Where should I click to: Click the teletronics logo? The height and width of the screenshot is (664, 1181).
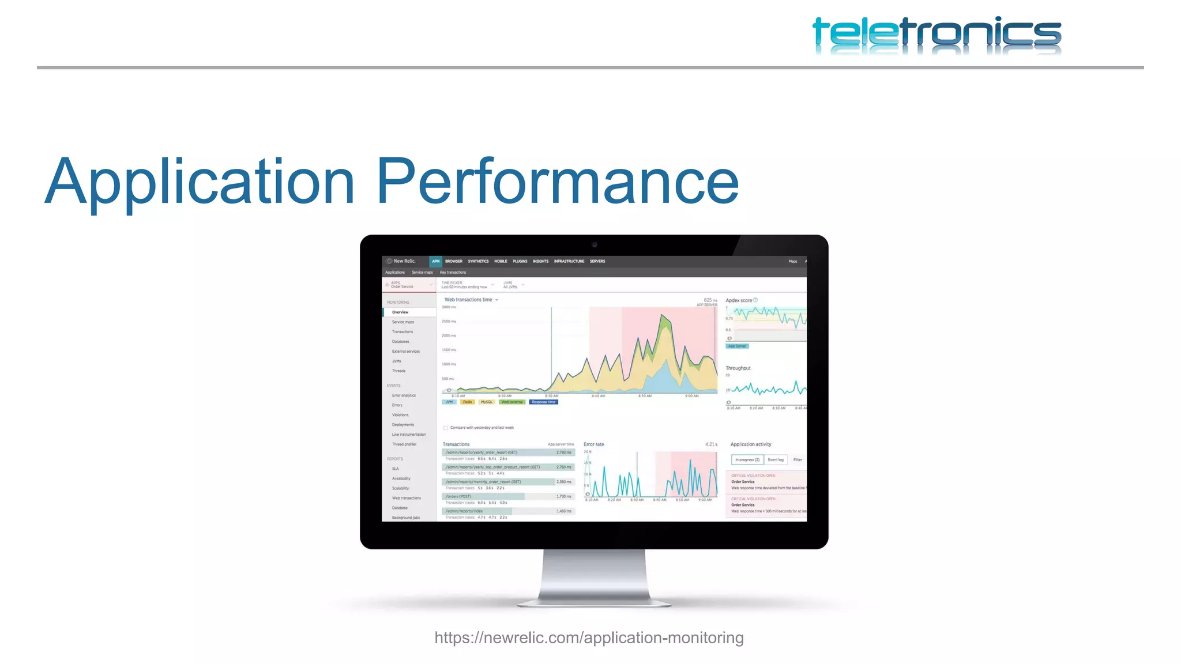(x=936, y=36)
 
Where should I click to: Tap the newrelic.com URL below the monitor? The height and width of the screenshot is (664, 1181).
(x=589, y=637)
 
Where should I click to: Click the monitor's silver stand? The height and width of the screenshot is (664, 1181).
(x=594, y=576)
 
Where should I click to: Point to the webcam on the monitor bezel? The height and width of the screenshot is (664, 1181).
(x=595, y=245)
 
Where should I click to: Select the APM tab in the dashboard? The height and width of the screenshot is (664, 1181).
(x=435, y=261)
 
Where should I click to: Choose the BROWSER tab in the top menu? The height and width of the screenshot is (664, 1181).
(x=454, y=261)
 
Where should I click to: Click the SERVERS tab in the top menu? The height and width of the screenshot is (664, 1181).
(x=597, y=261)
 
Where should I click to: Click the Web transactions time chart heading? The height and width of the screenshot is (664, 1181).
(x=469, y=300)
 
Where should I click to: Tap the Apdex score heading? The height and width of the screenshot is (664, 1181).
(x=739, y=300)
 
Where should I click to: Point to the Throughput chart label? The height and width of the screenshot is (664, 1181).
(x=738, y=368)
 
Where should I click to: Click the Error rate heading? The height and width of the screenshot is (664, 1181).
(x=594, y=444)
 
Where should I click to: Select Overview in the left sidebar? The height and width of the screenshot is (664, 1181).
(x=400, y=312)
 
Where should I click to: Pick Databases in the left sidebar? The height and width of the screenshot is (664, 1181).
(x=401, y=341)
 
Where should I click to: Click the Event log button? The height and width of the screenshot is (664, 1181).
(x=776, y=460)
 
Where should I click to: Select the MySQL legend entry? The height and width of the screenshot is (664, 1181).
(x=487, y=402)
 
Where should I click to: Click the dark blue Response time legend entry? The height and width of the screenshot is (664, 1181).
(x=543, y=402)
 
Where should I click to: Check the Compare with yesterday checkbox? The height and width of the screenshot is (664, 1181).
(x=446, y=428)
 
